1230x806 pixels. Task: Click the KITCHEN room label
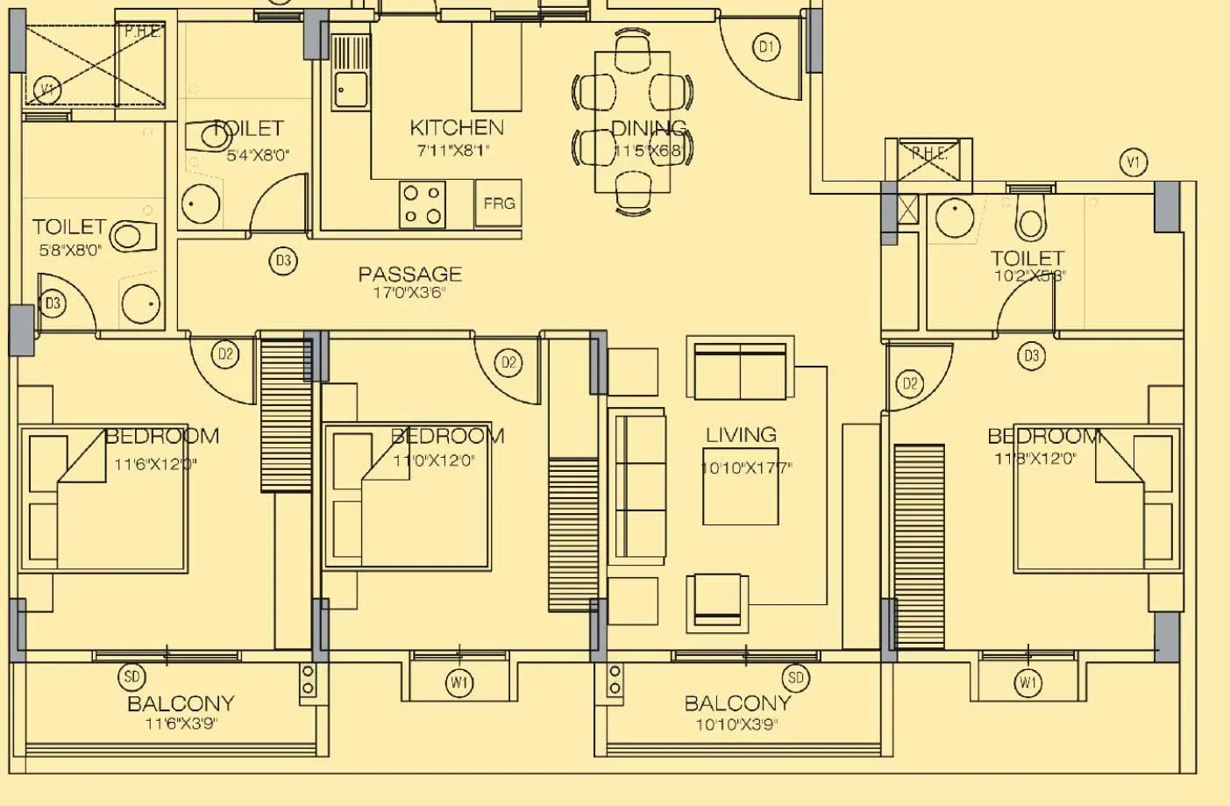pyautogui.click(x=456, y=128)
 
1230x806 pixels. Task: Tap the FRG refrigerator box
pyautogui.click(x=499, y=203)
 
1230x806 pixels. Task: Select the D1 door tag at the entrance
pyautogui.click(x=766, y=46)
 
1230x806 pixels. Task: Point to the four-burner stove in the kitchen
pyautogui.click(x=422, y=204)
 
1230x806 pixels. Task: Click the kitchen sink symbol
pyautogui.click(x=351, y=89)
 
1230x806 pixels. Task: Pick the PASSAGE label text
pyautogui.click(x=409, y=275)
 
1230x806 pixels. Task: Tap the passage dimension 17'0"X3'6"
pyautogui.click(x=409, y=293)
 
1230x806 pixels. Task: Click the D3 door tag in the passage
pyautogui.click(x=283, y=261)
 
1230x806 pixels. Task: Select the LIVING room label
pyautogui.click(x=741, y=435)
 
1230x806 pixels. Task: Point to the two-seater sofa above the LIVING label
pyautogui.click(x=740, y=370)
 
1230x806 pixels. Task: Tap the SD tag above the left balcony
pyautogui.click(x=132, y=677)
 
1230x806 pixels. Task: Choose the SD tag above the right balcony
pyautogui.click(x=795, y=677)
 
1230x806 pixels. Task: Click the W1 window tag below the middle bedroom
pyautogui.click(x=459, y=682)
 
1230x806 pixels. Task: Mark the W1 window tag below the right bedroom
pyautogui.click(x=1027, y=682)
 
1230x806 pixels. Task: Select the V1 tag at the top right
pyautogui.click(x=1134, y=162)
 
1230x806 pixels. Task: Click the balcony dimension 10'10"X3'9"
pyautogui.click(x=736, y=724)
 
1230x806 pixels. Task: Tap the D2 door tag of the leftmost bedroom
pyautogui.click(x=225, y=354)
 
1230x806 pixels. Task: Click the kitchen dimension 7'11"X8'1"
pyautogui.click(x=453, y=151)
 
